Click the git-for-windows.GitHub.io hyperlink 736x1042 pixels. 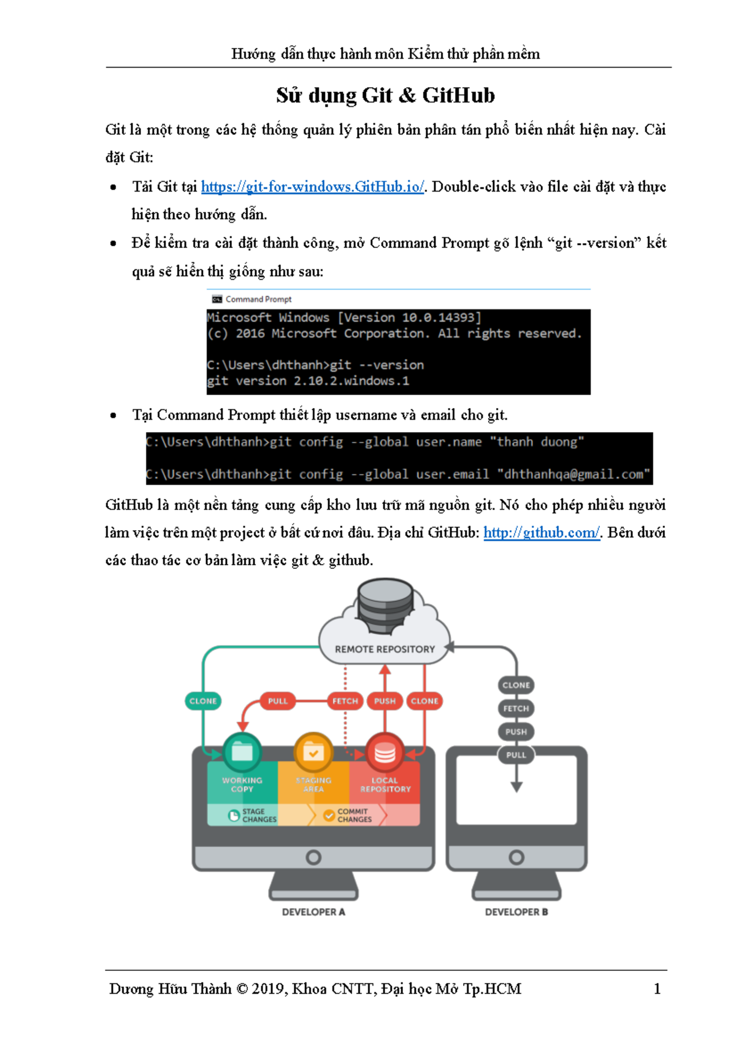[312, 187]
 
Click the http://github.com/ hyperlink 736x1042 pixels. [541, 532]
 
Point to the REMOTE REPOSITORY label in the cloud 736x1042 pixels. [385, 649]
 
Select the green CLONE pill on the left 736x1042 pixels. [203, 701]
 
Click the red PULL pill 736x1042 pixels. [278, 701]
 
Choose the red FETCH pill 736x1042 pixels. [345, 701]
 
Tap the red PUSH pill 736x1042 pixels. [385, 701]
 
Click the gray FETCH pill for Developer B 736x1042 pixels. [516, 708]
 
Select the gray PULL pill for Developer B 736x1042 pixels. [516, 755]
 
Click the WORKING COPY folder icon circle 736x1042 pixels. [242, 752]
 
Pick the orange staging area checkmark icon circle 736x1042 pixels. [313, 752]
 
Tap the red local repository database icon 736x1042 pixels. [385, 752]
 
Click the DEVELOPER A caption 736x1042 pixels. [313, 912]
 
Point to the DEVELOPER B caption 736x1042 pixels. [516, 912]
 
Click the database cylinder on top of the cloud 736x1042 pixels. [385, 604]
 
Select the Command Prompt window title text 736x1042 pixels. [258, 299]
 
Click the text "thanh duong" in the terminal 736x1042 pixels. [537, 442]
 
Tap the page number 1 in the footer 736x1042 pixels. [657, 989]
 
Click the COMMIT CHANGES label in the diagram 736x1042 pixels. [354, 815]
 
